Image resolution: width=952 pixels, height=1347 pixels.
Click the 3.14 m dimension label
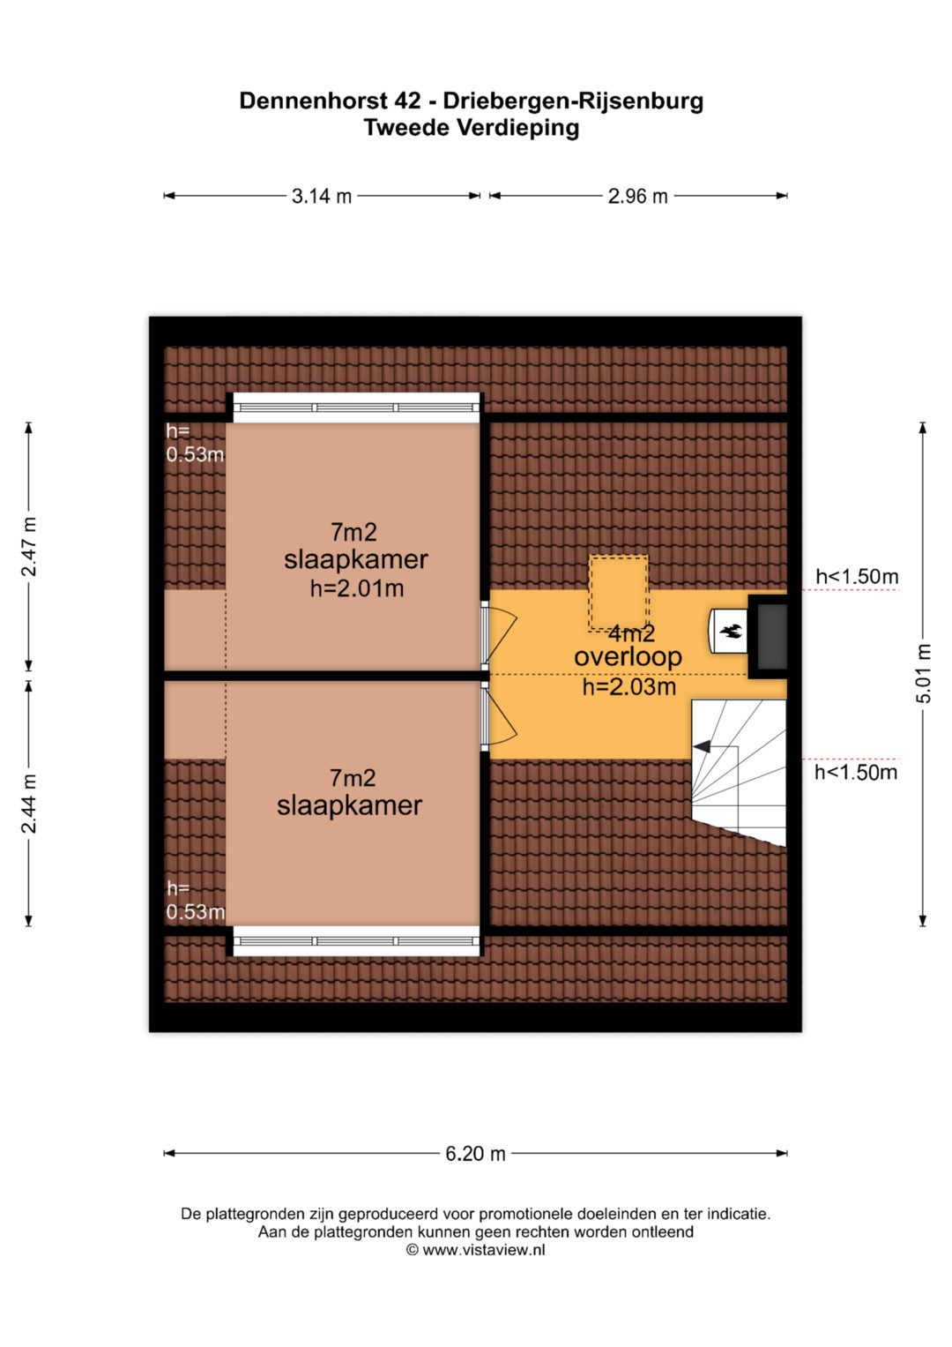[x=322, y=196]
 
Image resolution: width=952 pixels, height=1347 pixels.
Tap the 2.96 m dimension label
[x=637, y=196]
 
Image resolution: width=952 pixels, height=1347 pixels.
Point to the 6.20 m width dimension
[x=475, y=1153]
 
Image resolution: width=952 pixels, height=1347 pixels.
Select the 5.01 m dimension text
[x=923, y=674]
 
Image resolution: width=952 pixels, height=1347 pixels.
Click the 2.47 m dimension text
[x=29, y=546]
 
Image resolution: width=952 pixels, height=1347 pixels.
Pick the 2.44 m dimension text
[x=29, y=804]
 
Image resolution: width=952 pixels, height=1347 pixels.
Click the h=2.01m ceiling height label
[x=357, y=588]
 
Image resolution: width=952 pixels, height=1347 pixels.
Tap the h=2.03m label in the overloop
[x=629, y=686]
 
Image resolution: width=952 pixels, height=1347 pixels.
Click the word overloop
[x=628, y=656]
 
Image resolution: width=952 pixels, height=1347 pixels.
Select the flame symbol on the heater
[x=731, y=631]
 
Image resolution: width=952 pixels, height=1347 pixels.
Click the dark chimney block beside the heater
[x=771, y=635]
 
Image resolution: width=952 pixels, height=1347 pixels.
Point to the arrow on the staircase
[x=701, y=746]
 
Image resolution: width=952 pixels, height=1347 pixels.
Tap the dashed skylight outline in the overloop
[x=619, y=592]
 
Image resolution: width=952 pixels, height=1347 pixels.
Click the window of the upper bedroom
[x=356, y=408]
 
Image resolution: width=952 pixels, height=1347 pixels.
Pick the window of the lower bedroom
[x=356, y=940]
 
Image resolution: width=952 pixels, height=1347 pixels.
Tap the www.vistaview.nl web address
[x=483, y=1250]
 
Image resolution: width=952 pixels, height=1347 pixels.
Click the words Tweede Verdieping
[x=472, y=128]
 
